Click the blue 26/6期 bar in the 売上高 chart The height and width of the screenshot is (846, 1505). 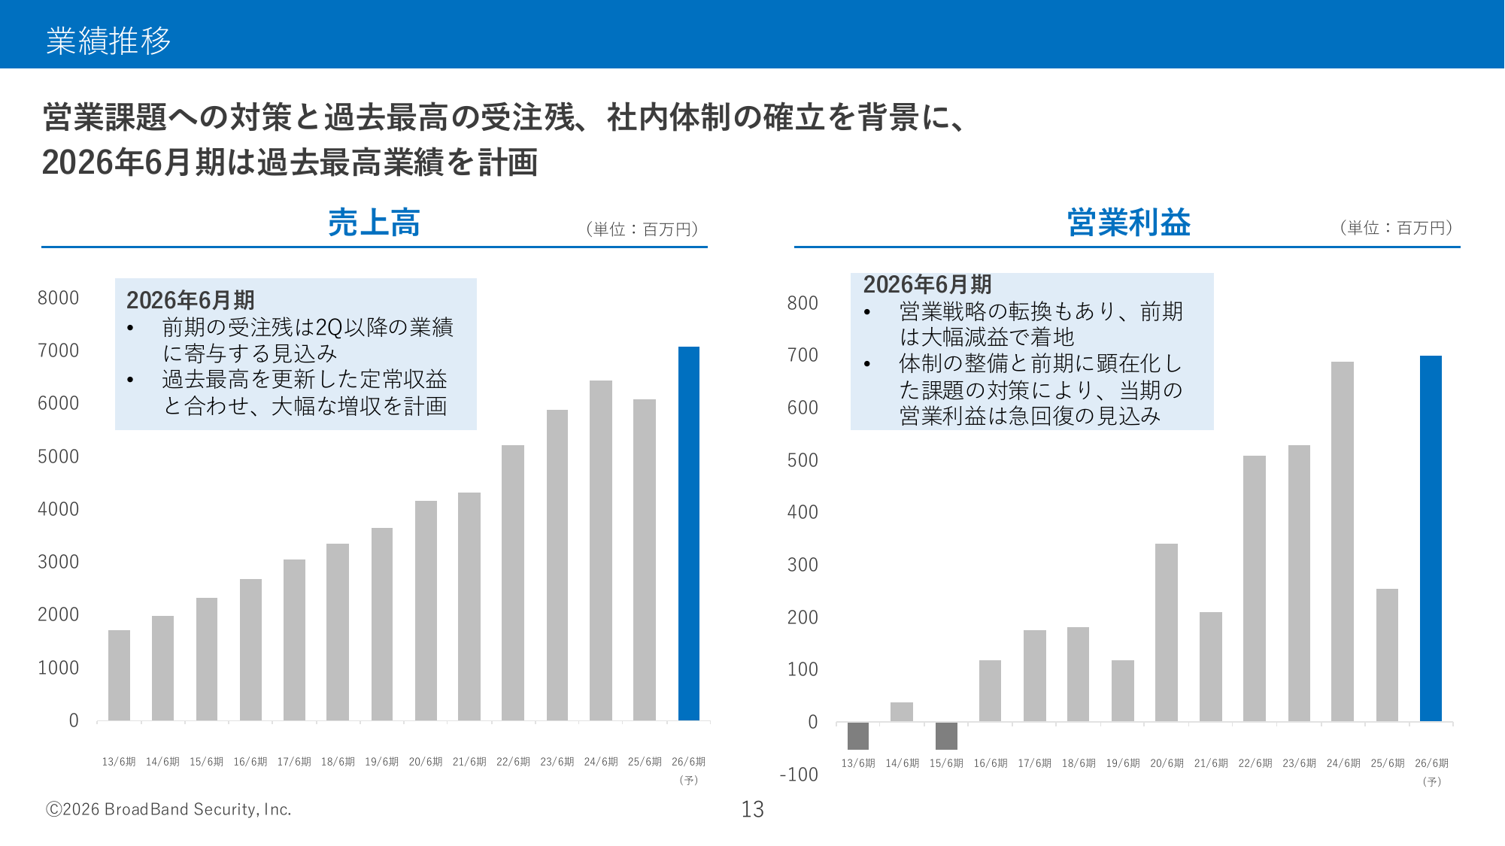point(688,534)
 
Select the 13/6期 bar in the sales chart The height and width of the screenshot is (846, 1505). point(119,675)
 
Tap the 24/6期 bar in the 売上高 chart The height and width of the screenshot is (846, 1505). point(600,550)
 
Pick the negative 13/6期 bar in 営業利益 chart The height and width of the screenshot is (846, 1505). point(857,735)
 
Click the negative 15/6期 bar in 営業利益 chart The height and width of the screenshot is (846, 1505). point(946,735)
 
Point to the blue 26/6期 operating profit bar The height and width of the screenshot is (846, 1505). point(1431,538)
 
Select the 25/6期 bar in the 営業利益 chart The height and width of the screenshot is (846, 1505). point(1387,655)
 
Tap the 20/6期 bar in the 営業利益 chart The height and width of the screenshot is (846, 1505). point(1166,632)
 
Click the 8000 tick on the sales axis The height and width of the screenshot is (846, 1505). point(58,298)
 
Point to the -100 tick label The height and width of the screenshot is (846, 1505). point(799,775)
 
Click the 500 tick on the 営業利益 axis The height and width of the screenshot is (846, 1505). point(803,460)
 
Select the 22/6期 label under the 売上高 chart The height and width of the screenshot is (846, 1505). point(513,762)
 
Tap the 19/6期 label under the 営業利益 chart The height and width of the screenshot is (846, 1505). point(1122,763)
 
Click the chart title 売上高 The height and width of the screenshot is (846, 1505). point(374,223)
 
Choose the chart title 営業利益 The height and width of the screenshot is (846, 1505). point(1128,223)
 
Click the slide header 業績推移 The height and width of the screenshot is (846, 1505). point(108,41)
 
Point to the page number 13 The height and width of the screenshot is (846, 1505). point(752,809)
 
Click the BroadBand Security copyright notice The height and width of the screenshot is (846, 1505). point(168,809)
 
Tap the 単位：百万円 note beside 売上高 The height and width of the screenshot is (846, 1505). point(642,229)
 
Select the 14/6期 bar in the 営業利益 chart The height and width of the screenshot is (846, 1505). point(901,711)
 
